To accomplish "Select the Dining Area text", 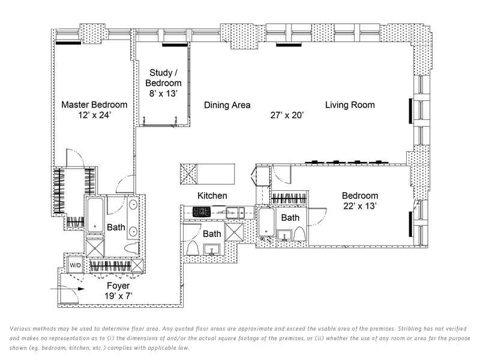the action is click(x=227, y=105).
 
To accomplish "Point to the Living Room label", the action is click(x=350, y=105).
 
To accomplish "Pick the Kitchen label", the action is click(x=212, y=196).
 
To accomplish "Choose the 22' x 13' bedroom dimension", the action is click(x=360, y=205).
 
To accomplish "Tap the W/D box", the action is click(x=75, y=264).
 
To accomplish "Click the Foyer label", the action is click(x=118, y=286).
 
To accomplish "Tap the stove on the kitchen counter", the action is click(x=200, y=211).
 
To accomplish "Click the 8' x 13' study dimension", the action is click(x=165, y=93).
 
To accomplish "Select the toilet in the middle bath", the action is click(x=194, y=248).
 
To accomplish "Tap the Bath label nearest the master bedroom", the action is click(x=116, y=227).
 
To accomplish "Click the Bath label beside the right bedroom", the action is click(x=290, y=218).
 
